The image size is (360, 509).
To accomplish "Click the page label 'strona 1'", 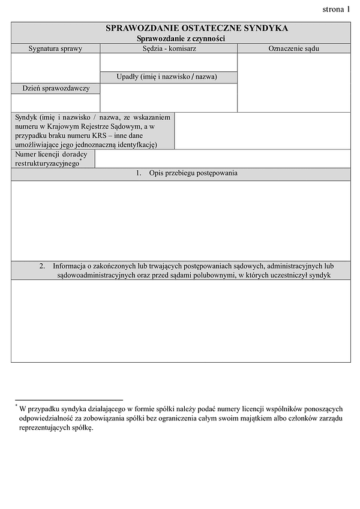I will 336,9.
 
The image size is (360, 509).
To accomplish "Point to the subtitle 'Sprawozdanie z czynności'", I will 180,38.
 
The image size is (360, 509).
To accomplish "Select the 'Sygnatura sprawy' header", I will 55,49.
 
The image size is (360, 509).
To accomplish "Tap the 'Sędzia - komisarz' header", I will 169,49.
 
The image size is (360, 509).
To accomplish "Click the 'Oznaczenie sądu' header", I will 293,49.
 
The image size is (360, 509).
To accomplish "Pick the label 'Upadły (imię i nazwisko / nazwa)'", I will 169,77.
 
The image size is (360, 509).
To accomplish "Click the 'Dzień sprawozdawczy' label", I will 55,88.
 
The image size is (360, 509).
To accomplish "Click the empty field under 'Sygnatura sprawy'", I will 55,68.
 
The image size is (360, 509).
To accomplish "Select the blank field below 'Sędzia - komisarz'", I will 169,62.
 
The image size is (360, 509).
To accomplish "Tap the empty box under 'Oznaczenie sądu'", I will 293,82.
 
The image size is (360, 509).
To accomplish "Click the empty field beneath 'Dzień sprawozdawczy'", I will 55,103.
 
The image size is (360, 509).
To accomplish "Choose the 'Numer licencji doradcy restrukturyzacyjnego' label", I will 51,159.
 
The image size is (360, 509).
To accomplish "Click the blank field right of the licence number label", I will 223,159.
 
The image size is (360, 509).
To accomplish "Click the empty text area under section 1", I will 180,220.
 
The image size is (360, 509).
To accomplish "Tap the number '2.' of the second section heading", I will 43,266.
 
